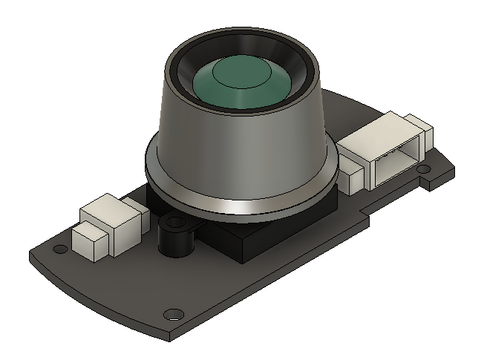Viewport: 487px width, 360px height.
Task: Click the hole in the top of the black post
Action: coord(174,222)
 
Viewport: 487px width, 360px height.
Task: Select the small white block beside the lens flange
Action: coord(351,177)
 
